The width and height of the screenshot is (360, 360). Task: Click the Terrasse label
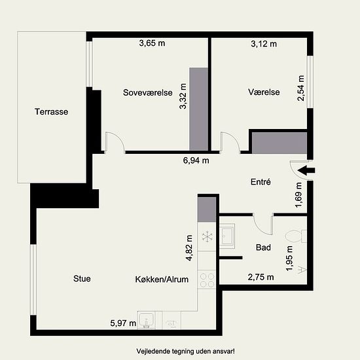tap(52, 112)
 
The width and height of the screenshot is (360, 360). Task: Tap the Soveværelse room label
tap(148, 92)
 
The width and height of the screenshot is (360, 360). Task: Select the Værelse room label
tap(264, 92)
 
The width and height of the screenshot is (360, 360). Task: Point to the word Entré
tap(261, 181)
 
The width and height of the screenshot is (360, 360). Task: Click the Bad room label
tap(263, 247)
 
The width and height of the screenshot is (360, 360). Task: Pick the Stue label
tap(82, 278)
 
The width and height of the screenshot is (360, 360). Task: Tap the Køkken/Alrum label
tap(162, 279)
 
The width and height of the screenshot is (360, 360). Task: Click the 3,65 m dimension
tap(152, 43)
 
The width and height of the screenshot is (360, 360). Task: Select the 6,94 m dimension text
tap(196, 160)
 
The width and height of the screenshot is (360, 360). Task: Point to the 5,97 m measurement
tap(123, 323)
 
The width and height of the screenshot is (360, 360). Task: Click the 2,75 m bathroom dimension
tap(261, 277)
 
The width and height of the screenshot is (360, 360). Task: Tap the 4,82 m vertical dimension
tap(189, 248)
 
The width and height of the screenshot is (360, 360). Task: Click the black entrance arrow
tap(306, 170)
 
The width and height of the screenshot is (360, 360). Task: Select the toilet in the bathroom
tap(296, 236)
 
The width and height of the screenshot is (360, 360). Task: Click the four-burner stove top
tap(207, 280)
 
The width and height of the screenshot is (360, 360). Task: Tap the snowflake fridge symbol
tap(207, 237)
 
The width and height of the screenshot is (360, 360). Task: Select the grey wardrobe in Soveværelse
tap(198, 109)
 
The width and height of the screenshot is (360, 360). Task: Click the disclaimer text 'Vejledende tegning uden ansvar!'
tap(185, 351)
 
